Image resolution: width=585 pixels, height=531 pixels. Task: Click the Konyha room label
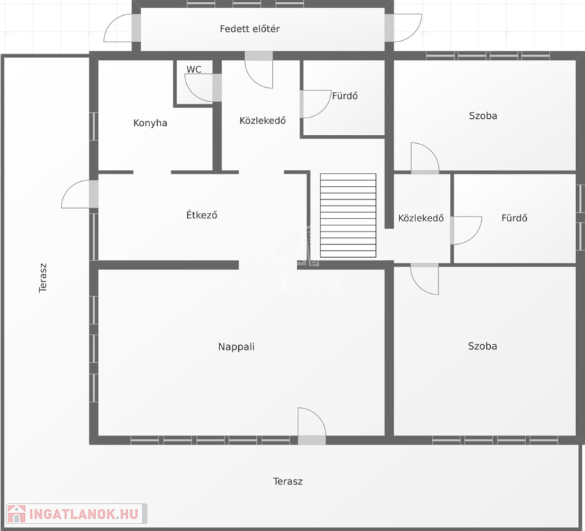[150, 123]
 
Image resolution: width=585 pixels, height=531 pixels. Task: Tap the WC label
[194, 69]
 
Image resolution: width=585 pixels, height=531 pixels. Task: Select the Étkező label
[201, 214]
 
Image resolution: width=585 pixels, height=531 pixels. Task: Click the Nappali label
[236, 347]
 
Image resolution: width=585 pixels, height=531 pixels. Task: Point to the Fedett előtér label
[250, 28]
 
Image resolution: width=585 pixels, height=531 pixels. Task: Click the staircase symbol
[348, 216]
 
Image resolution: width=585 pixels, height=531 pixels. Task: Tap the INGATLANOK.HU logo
[77, 514]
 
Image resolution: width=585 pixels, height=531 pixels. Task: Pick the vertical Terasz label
[43, 278]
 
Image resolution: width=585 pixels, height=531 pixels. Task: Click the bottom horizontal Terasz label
[287, 481]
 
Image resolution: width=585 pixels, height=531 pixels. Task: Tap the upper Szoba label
[483, 116]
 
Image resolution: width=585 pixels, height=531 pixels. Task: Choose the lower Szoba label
[483, 346]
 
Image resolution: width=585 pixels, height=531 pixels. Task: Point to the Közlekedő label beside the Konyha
[262, 120]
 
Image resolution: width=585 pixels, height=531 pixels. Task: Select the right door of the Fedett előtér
[404, 28]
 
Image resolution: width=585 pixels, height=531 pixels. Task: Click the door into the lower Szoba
[424, 279]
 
